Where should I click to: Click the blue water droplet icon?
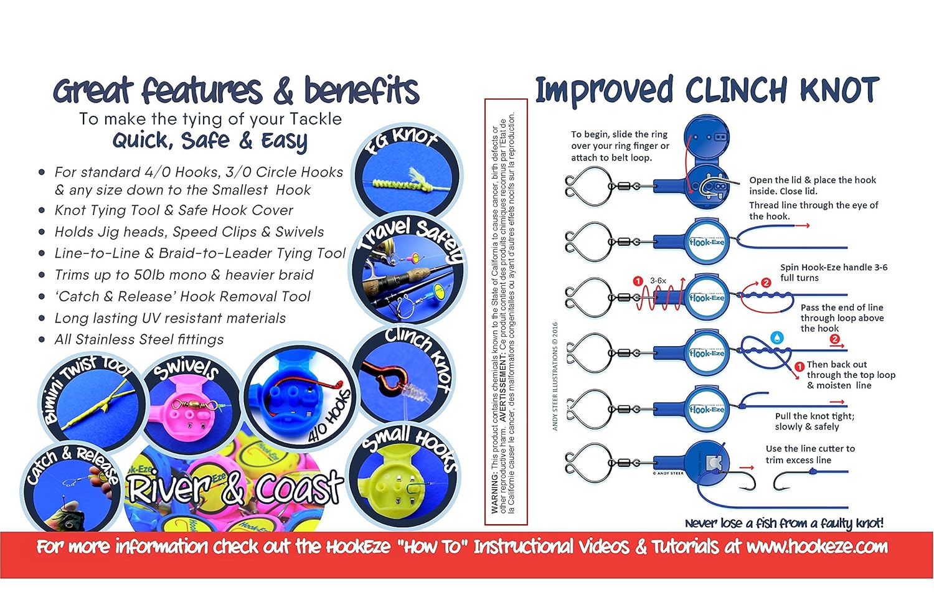click(x=777, y=337)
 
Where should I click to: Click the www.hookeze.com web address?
click(x=817, y=547)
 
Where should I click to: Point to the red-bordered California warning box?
click(x=506, y=311)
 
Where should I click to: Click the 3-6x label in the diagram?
click(x=658, y=281)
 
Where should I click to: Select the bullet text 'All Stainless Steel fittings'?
click(x=139, y=340)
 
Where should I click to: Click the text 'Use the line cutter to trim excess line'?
click(x=809, y=454)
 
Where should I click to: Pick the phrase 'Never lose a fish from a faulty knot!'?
click(x=784, y=523)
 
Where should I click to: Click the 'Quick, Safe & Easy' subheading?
click(x=210, y=141)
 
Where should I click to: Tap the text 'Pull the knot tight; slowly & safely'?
click(x=814, y=421)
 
